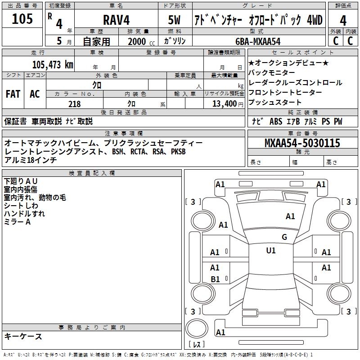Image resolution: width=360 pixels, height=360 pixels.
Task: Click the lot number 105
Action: pos(22,19)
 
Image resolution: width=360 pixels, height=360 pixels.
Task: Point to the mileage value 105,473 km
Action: pos(53,65)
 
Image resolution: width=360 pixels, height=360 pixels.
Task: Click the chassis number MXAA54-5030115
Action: pos(302,144)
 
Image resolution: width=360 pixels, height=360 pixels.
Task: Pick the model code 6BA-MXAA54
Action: pos(257,41)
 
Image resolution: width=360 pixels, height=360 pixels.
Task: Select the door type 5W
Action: pos(175,20)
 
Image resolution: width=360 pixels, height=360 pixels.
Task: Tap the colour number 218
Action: pos(75,104)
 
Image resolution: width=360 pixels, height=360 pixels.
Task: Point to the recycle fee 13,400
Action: pos(224,104)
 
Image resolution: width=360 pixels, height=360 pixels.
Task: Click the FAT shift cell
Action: pos(13,94)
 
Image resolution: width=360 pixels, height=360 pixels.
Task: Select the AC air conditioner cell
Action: pos(35,94)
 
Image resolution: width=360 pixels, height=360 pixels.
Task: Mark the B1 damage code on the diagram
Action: pos(215,279)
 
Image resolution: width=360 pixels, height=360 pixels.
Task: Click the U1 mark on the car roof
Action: pos(271,251)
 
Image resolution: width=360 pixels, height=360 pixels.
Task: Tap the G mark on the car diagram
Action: pos(284,237)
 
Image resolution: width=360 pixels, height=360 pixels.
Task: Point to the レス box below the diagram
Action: pos(197,345)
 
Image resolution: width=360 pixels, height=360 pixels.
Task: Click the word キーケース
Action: pos(23,337)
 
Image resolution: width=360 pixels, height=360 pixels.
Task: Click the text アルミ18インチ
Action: pos(30,160)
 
